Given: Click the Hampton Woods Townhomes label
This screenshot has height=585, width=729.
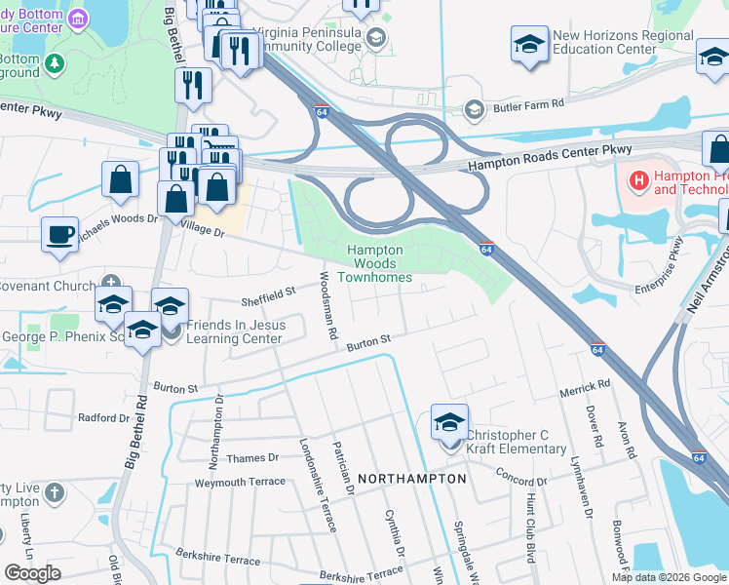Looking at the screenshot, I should pyautogui.click(x=374, y=264).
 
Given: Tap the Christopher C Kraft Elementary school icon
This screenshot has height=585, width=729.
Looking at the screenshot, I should pyautogui.click(x=449, y=422).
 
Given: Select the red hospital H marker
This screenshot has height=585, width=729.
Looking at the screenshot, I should pyautogui.click(x=639, y=179).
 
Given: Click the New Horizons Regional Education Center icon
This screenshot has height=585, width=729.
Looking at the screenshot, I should pyautogui.click(x=529, y=44).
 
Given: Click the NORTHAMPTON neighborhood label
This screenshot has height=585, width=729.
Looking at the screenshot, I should pyautogui.click(x=411, y=480).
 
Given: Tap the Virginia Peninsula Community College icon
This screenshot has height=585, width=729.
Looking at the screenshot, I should pyautogui.click(x=377, y=36).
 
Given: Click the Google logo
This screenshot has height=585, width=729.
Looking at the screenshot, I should pyautogui.click(x=32, y=573).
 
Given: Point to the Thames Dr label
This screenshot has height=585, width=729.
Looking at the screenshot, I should pyautogui.click(x=251, y=457).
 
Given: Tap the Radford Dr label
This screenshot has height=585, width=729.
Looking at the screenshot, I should pyautogui.click(x=103, y=417).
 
